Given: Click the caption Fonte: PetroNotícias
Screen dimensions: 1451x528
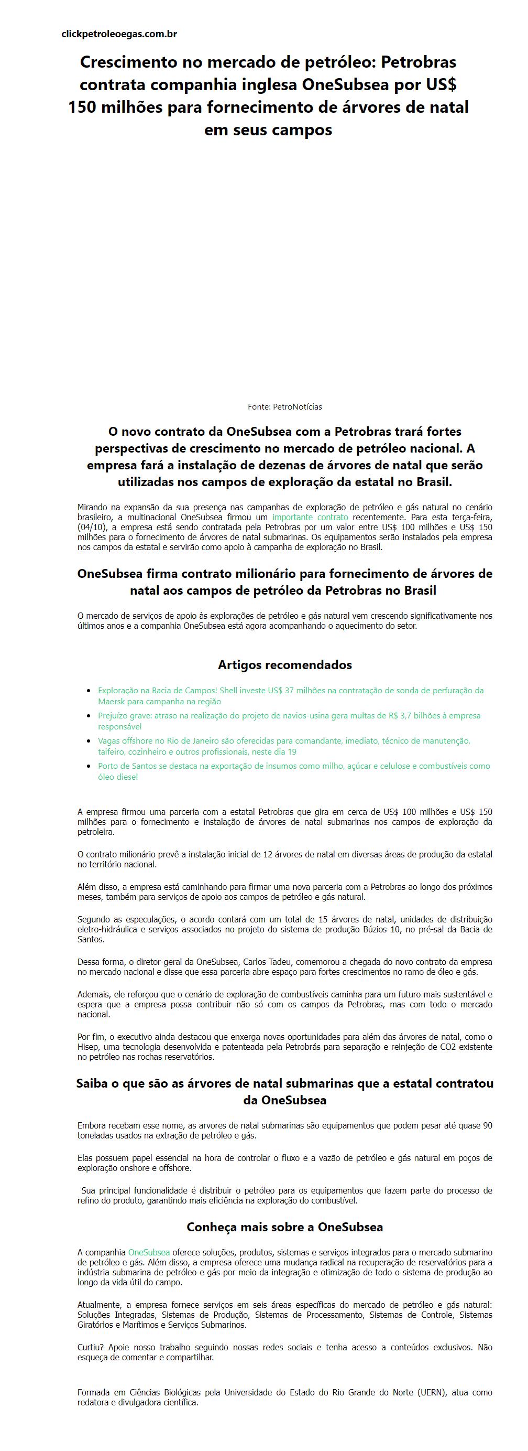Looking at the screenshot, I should pos(285,407).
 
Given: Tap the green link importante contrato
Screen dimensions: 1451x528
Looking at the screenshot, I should pos(310,517).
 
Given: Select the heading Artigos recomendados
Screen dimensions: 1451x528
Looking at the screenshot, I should pos(285,664).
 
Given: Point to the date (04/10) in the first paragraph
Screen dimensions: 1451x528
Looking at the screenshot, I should pos(92,527).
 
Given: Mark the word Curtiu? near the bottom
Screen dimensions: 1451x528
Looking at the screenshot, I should pos(90,1347).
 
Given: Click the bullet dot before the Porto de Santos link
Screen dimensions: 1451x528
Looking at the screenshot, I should pos(89,766).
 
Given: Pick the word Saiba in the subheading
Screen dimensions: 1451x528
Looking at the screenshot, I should pos(92,1083).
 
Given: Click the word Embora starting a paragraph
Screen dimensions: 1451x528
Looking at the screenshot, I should pos(91,1125).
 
